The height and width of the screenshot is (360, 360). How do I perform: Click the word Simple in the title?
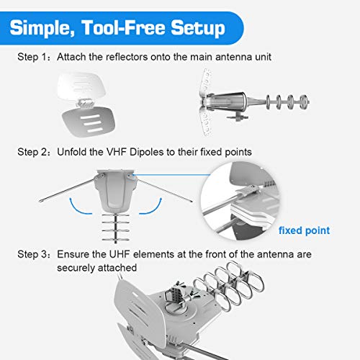49,29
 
